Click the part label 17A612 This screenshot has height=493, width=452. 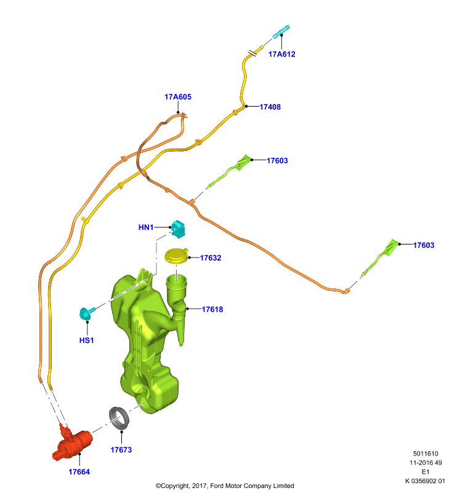click(282, 54)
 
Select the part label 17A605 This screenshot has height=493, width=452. click(178, 97)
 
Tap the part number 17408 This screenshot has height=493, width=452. click(270, 107)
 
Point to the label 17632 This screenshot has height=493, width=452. click(211, 258)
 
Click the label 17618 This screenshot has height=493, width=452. click(212, 309)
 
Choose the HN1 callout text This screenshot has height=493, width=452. click(146, 227)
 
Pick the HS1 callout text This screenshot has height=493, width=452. click(86, 340)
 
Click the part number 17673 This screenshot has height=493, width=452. click(121, 450)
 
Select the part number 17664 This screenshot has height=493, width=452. click(79, 472)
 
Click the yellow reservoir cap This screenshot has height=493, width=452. click(177, 256)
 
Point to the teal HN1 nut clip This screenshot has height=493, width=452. click(179, 229)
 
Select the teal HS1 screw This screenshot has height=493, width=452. click(86, 314)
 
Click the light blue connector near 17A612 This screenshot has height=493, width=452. click(281, 32)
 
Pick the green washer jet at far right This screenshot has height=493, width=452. click(382, 256)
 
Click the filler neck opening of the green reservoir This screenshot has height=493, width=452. click(176, 280)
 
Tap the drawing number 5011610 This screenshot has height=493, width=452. click(426, 454)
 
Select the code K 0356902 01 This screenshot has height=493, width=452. click(425, 481)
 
